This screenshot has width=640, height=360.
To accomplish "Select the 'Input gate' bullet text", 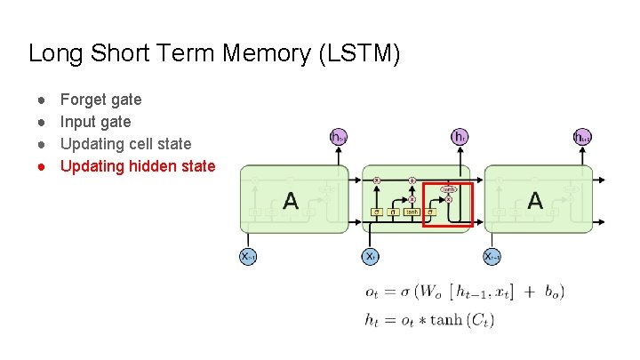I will pos(95,122).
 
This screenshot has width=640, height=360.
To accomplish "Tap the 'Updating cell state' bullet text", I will pos(125,143).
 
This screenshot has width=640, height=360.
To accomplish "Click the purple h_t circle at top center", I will pos(460,137).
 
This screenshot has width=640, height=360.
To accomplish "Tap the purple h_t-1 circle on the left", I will pos(338,137).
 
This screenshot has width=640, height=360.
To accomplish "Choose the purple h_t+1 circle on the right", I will pos(582,137).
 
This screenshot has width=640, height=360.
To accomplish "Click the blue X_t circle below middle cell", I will pos(371,256).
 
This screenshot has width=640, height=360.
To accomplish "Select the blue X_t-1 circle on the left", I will pos(249,256).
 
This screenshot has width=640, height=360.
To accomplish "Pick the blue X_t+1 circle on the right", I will pos(492,256).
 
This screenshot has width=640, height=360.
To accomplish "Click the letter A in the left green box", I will pos(290,201).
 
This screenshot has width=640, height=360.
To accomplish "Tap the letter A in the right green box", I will pos(535,201).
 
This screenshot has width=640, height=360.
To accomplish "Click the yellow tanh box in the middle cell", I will pos(412,212).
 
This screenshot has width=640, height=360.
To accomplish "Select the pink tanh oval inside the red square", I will pos(449,189).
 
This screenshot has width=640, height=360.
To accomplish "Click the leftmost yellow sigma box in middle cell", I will pos(377,212).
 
